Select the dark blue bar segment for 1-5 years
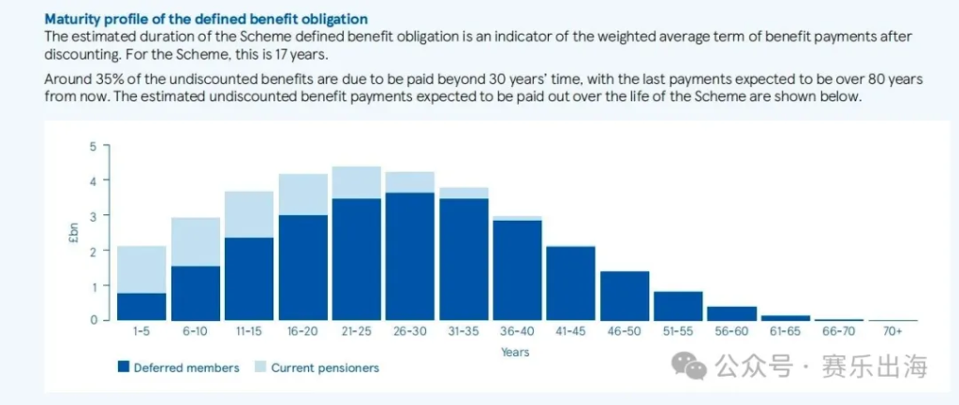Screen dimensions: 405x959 click(x=142, y=306)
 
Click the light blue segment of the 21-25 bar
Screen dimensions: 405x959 click(x=356, y=182)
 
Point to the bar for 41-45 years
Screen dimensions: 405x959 click(x=569, y=282)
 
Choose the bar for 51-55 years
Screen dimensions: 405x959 click(x=677, y=305)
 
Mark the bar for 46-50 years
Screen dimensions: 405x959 click(x=624, y=295)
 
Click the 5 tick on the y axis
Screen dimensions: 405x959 click(x=94, y=146)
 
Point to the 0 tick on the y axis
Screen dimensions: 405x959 click(x=94, y=320)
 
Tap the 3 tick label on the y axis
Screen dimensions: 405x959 click(x=94, y=216)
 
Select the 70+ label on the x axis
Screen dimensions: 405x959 click(x=892, y=332)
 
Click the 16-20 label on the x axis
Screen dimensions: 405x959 click(x=302, y=332)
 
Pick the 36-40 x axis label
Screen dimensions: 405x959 click(x=516, y=332)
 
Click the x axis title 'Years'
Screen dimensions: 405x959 click(x=515, y=352)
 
